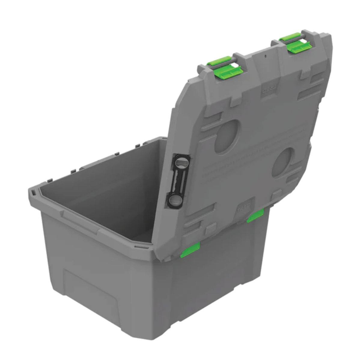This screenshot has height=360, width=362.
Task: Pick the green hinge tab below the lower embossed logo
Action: pos(255,215)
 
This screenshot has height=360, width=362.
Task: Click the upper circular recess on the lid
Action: pos(227,137)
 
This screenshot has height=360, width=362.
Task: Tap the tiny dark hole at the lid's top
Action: pos(266,55)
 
